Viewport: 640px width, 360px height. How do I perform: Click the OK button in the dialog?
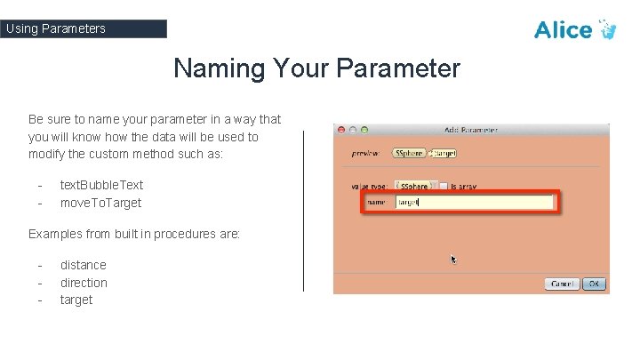point(594,284)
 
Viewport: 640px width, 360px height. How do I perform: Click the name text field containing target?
point(473,203)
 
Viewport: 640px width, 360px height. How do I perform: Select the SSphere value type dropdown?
point(417,186)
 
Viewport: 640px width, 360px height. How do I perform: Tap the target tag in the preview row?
point(444,153)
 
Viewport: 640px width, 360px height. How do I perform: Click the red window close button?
point(340,131)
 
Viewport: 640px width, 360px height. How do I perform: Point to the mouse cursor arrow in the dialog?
point(453,260)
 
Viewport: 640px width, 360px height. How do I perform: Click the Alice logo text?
point(564,29)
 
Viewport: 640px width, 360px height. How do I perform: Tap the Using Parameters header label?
point(55,28)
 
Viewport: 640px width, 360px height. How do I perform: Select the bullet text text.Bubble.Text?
point(101,185)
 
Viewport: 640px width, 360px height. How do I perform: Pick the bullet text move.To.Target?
point(100,203)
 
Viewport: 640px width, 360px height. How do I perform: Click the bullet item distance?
point(83,265)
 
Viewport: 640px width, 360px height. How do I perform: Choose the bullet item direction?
point(84,283)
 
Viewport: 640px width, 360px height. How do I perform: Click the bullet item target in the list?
point(76,300)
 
